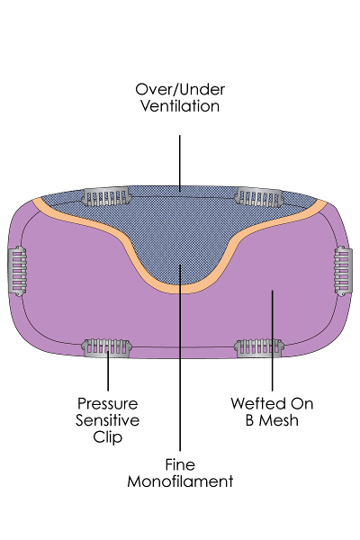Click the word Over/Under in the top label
(x=180, y=90)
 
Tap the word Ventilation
(x=180, y=105)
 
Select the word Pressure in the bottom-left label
(x=107, y=403)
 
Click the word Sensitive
(x=107, y=420)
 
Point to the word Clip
(x=107, y=437)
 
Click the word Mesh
(x=279, y=420)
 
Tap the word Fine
(x=180, y=464)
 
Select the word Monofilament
(x=180, y=481)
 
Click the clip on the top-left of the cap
(x=107, y=196)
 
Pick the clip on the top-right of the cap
(x=259, y=197)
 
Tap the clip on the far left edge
(x=17, y=271)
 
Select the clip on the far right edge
(x=343, y=271)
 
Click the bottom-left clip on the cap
(x=107, y=348)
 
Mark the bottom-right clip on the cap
(x=259, y=348)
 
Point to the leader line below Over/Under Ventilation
(x=179, y=163)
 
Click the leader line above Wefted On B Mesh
(x=272, y=340)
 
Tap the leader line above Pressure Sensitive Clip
(x=108, y=371)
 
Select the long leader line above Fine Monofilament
(x=180, y=357)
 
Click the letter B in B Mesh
(x=249, y=420)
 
